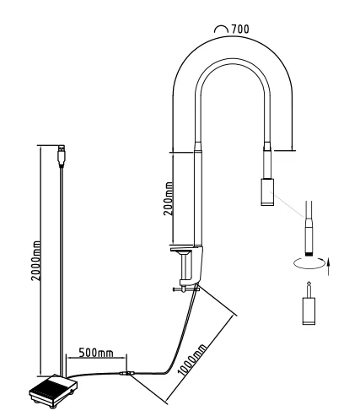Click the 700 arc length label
tap(240, 29)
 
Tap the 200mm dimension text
tap(169, 198)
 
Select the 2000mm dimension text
tap(35, 261)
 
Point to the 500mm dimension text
tap(96, 353)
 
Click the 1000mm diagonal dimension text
tap(192, 359)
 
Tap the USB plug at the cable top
tap(62, 155)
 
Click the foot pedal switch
tap(53, 391)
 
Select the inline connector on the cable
tap(126, 374)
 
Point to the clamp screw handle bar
tap(186, 289)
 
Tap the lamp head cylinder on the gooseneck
tap(267, 192)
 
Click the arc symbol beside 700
tap(221, 29)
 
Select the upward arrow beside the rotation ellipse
tap(328, 267)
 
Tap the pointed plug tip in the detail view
tap(309, 289)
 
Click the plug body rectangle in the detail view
tap(309, 311)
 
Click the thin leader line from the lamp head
tap(287, 204)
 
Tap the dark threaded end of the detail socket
tap(309, 254)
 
